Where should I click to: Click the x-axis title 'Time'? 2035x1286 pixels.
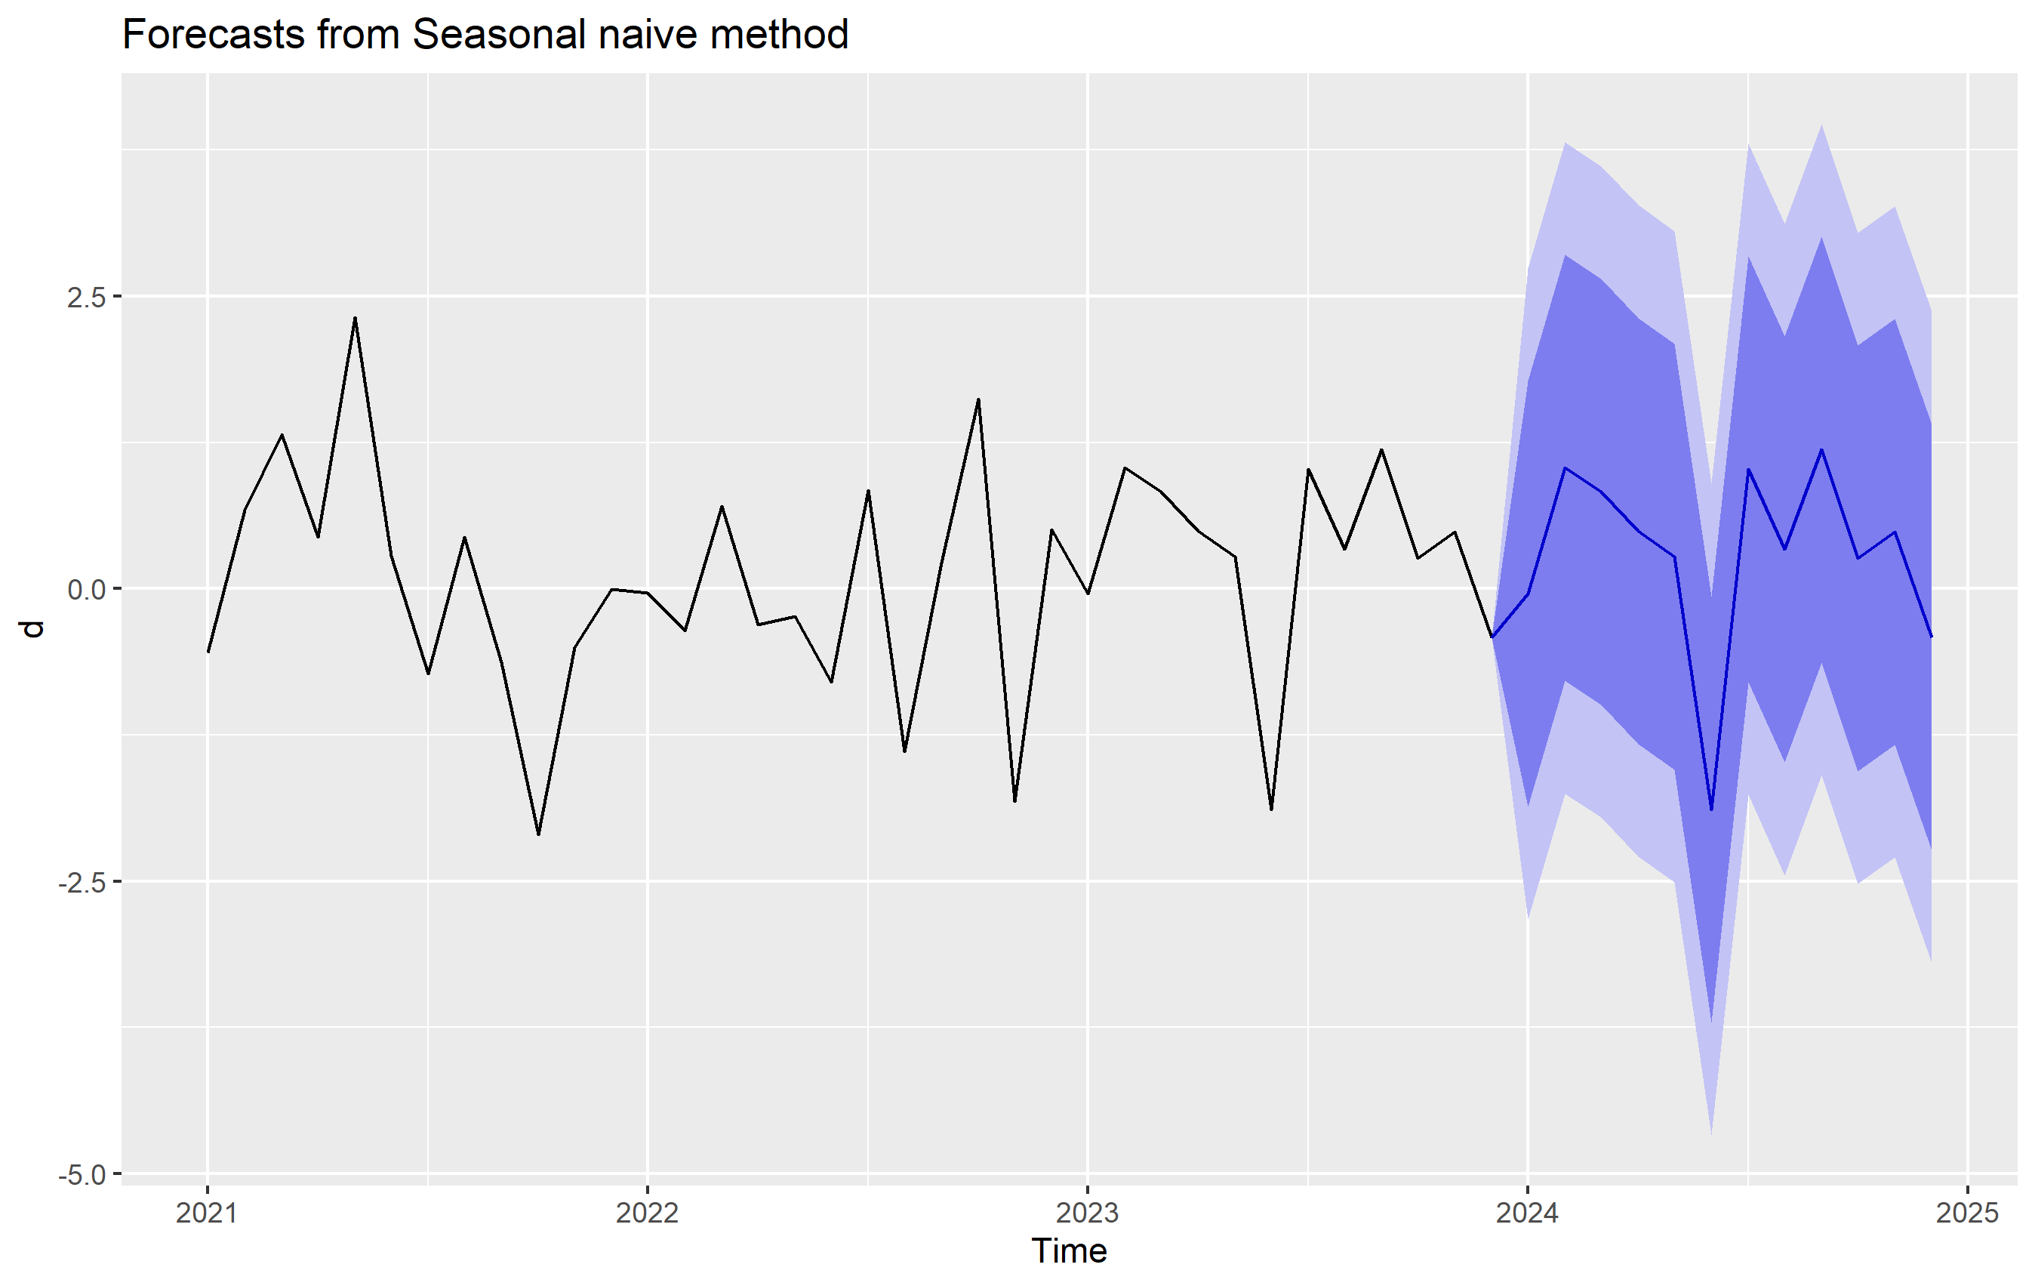coord(1069,1251)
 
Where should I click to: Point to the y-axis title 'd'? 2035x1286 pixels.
coord(32,629)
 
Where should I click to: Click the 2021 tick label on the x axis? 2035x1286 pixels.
coord(207,1214)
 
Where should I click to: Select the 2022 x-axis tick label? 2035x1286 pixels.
coord(648,1214)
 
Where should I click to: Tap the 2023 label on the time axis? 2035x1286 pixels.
coord(1088,1214)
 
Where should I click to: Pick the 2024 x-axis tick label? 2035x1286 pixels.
coord(1528,1214)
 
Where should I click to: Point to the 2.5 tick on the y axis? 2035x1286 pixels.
coord(86,297)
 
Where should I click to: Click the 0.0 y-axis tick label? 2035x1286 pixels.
coord(86,589)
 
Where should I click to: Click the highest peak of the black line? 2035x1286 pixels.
coord(355,318)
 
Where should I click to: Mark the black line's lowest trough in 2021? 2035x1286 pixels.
coord(538,834)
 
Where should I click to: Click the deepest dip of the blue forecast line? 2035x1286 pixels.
coord(1711,810)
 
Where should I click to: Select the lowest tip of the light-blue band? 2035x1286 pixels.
coord(1711,1135)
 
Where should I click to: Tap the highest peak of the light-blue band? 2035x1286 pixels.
coord(1821,125)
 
